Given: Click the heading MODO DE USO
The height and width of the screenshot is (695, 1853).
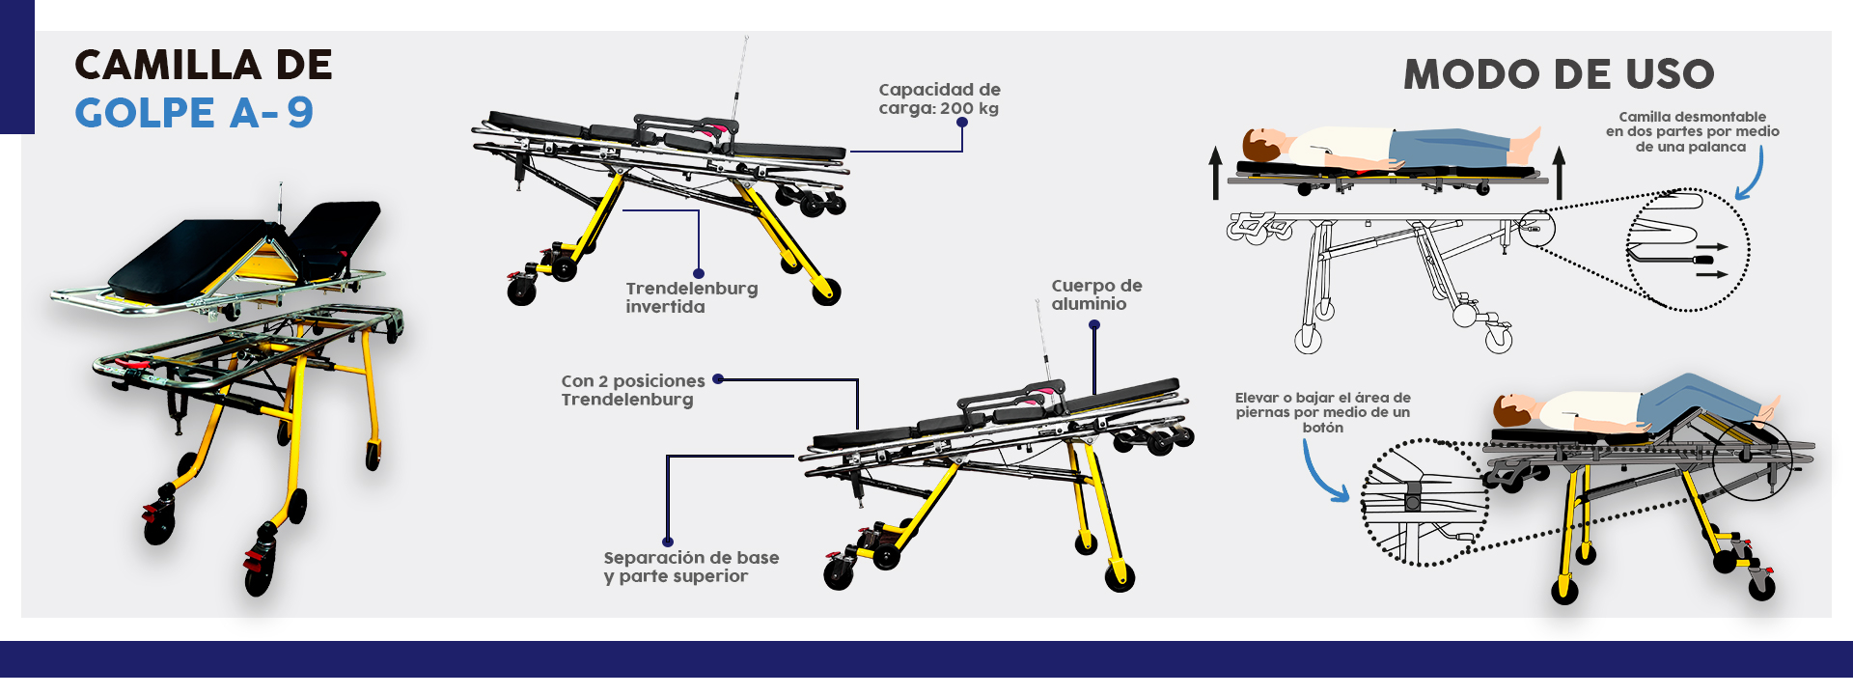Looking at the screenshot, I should pyautogui.click(x=1559, y=74).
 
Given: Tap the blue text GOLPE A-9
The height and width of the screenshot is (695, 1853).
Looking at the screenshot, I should pyautogui.click(x=194, y=113).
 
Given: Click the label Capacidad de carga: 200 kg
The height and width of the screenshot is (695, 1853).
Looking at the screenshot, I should pyautogui.click(x=938, y=98).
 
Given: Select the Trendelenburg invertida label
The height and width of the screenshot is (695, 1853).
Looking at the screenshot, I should pyautogui.click(x=691, y=297).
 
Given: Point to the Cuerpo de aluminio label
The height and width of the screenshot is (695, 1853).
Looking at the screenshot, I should pyautogui.click(x=1096, y=294).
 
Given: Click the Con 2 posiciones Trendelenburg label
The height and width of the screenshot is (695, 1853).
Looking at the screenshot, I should pyautogui.click(x=632, y=390).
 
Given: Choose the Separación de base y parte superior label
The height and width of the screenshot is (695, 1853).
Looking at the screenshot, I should pyautogui.click(x=691, y=567).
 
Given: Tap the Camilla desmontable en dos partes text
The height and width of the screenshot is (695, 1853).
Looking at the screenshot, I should pyautogui.click(x=1692, y=131).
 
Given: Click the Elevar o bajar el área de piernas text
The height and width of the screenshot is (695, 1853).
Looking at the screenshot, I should pyautogui.click(x=1322, y=412).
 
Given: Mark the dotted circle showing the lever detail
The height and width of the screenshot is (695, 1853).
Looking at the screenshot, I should pyautogui.click(x=1687, y=249).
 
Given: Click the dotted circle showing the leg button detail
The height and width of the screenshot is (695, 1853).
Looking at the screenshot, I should pyautogui.click(x=1424, y=502).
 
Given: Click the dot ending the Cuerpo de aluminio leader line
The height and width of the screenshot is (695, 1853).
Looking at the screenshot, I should pyautogui.click(x=1094, y=325).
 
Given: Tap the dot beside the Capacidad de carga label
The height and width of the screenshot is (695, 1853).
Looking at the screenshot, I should pyautogui.click(x=962, y=123).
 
